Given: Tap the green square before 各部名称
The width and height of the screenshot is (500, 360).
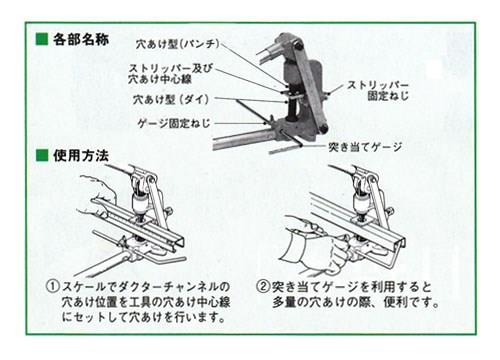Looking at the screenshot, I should tap(41, 41).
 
